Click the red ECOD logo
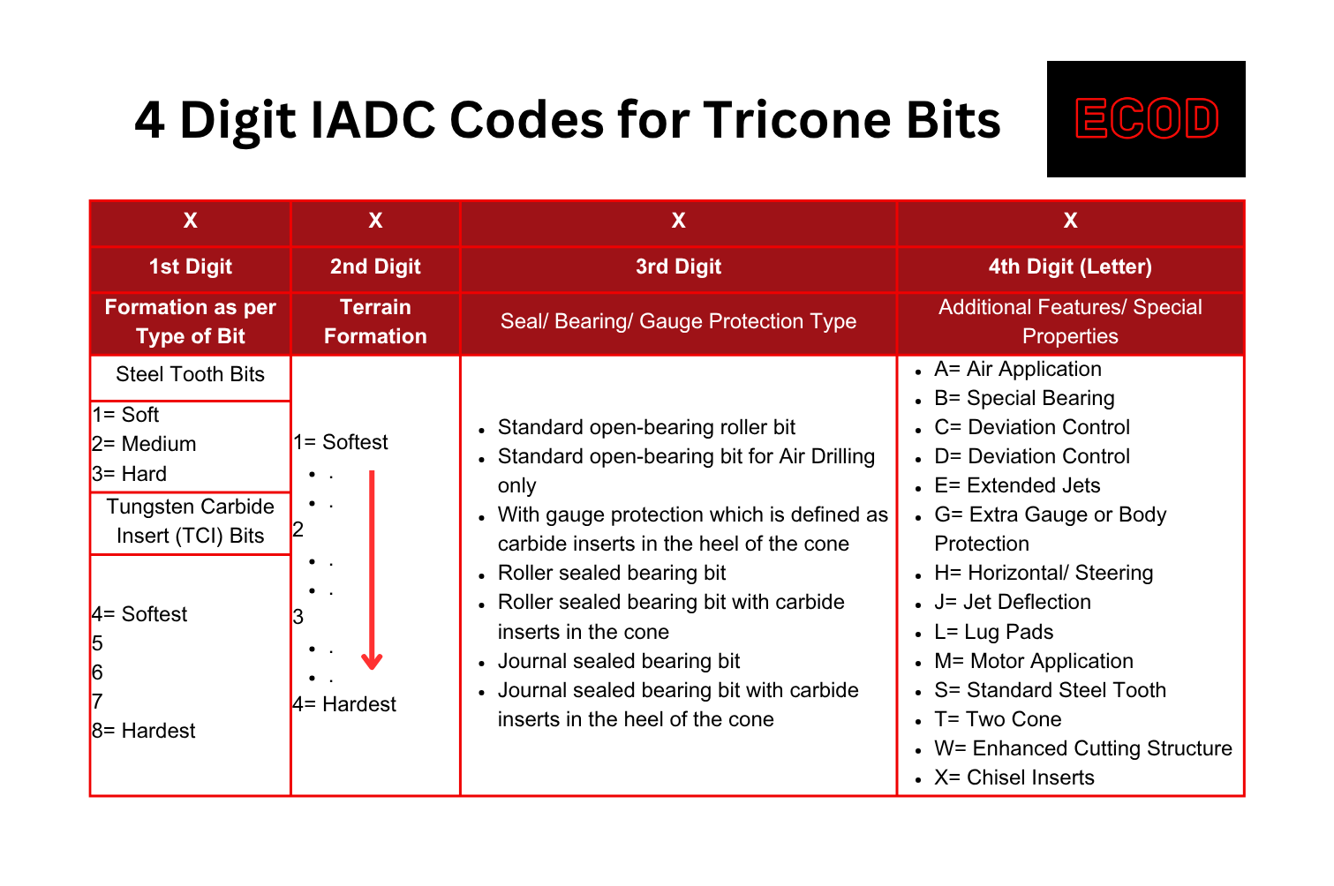[1147, 118]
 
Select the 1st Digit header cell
[191, 267]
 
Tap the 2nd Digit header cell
[375, 267]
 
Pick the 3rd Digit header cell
[678, 267]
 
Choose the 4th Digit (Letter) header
[1070, 267]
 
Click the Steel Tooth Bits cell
[190, 374]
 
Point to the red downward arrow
[372, 570]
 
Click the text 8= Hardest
[144, 731]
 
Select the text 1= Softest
[341, 442]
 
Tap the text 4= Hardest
[344, 704]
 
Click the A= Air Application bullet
[1018, 369]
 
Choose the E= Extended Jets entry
[1017, 486]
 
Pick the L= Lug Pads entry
[993, 632]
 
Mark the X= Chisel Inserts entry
[1014, 777]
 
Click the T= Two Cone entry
[998, 719]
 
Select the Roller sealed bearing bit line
[612, 574]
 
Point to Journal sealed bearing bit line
[619, 662]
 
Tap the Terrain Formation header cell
[375, 322]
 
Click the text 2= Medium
[144, 444]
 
